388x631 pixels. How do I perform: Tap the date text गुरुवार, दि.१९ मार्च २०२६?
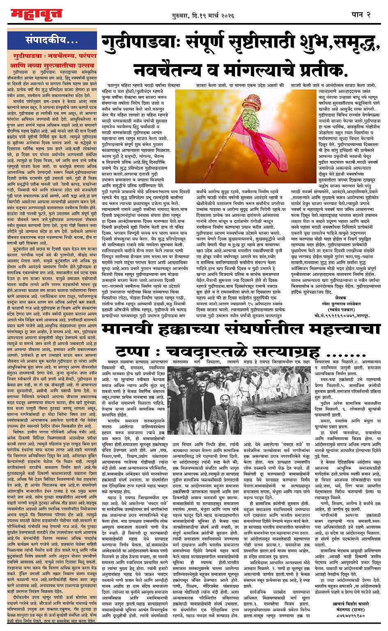[203, 16]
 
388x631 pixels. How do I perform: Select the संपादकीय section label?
[51, 40]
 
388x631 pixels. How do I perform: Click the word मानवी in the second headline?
[129, 330]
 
